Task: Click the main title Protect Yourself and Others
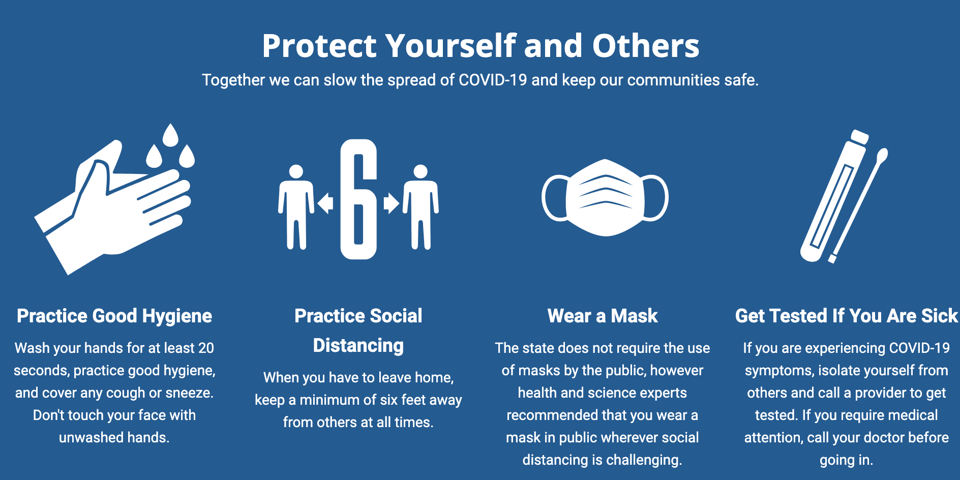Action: (x=481, y=46)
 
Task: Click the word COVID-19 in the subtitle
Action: (x=493, y=80)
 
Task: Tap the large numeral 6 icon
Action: (x=358, y=199)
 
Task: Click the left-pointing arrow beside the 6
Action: (x=325, y=203)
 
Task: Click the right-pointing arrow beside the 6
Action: (x=391, y=203)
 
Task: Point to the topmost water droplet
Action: (x=170, y=135)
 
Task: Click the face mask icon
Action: (x=605, y=198)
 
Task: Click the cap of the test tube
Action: (x=859, y=136)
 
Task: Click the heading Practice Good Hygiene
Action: (x=114, y=316)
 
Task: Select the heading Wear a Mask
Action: (x=603, y=316)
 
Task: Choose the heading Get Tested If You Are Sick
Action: (x=847, y=316)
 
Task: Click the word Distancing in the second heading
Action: (x=358, y=346)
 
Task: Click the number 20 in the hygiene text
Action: (x=206, y=348)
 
